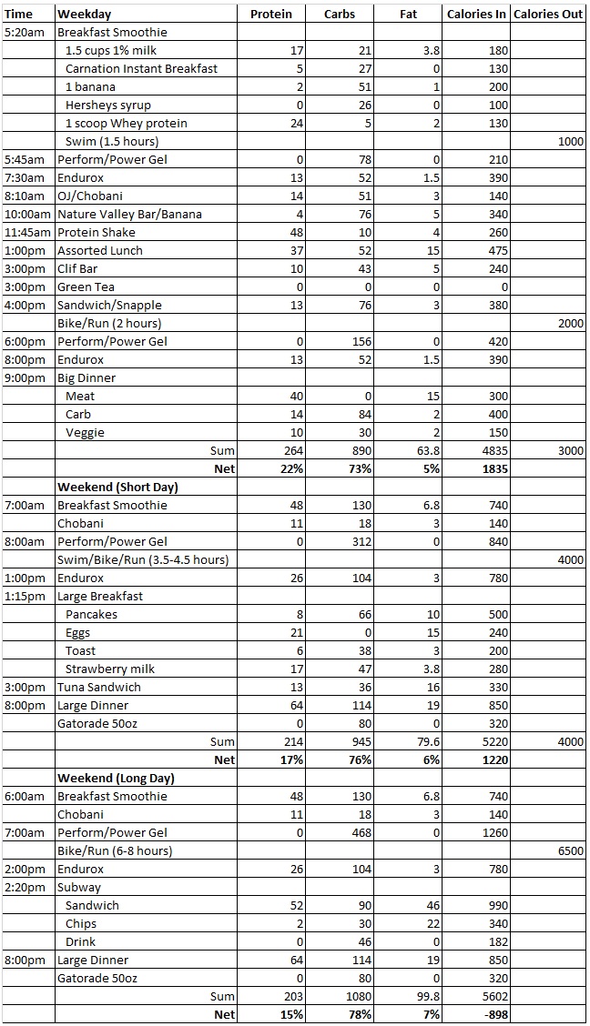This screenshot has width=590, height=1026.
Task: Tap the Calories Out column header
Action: point(548,14)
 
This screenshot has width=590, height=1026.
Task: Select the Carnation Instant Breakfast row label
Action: point(141,68)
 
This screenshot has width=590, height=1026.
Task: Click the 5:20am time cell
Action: point(22,32)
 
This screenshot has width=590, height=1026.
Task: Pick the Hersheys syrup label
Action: point(108,105)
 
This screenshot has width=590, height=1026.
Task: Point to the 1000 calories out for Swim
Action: point(569,141)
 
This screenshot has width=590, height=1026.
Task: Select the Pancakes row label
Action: point(91,614)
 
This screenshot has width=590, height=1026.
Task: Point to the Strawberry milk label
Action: point(110,669)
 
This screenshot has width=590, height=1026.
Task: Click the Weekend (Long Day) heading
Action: point(116,778)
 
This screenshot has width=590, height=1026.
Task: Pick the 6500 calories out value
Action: point(569,850)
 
